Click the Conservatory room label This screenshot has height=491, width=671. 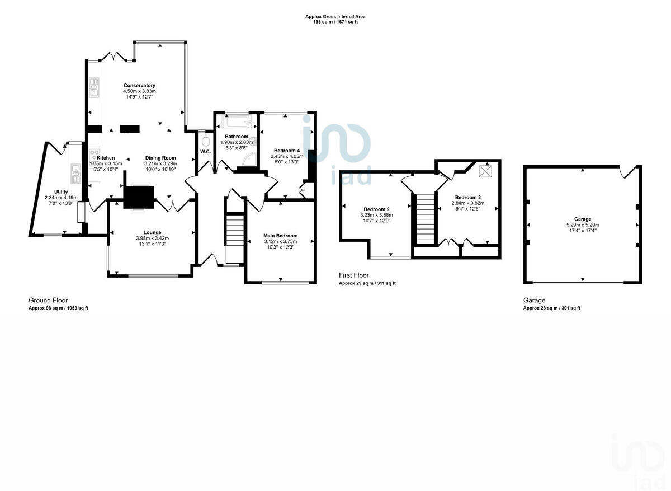[x=139, y=86]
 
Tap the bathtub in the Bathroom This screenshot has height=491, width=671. [x=238, y=123]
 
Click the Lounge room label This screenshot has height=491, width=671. [x=152, y=232]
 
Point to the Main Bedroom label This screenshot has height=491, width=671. [x=280, y=236]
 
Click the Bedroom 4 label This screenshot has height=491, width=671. [x=287, y=151]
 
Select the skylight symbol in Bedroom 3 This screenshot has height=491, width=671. [x=485, y=171]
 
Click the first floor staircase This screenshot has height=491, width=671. [x=424, y=218]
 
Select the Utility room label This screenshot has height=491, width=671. [x=61, y=191]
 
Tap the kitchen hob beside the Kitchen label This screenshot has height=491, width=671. [x=94, y=155]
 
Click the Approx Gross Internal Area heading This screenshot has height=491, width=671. [x=335, y=17]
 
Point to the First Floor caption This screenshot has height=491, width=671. [x=353, y=275]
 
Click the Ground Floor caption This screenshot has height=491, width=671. [x=48, y=301]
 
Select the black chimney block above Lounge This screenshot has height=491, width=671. [x=137, y=197]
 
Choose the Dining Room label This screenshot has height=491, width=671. [x=160, y=158]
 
